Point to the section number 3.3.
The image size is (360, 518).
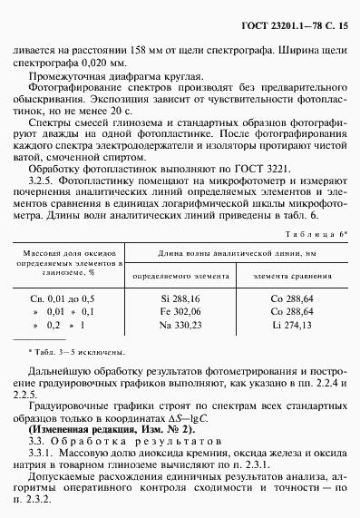click(x=38, y=439)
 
